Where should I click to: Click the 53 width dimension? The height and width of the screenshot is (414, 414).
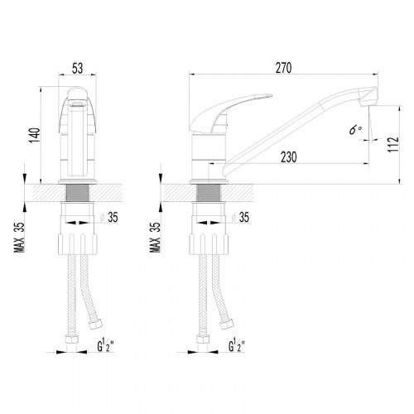click(x=77, y=68)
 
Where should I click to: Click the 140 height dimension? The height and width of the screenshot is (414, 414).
click(x=35, y=135)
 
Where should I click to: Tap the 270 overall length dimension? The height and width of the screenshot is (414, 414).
click(x=283, y=68)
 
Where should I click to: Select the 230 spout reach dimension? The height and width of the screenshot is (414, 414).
click(x=289, y=157)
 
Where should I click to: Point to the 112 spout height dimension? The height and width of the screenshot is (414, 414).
click(x=393, y=144)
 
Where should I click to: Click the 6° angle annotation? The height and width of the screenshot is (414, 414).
click(x=355, y=129)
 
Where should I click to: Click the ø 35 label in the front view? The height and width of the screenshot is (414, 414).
click(x=109, y=217)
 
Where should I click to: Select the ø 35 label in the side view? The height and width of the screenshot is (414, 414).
click(x=240, y=217)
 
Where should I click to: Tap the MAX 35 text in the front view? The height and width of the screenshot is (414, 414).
click(x=20, y=238)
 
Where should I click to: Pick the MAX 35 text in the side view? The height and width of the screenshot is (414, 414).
click(x=155, y=238)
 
